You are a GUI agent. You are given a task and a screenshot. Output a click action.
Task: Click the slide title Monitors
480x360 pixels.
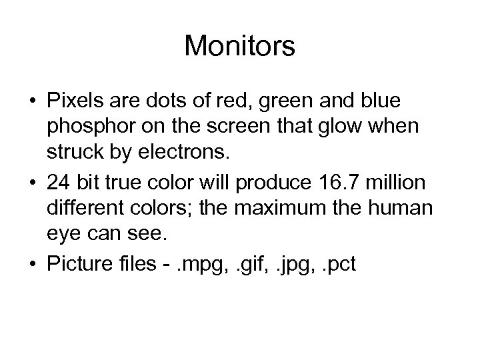(x=239, y=46)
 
